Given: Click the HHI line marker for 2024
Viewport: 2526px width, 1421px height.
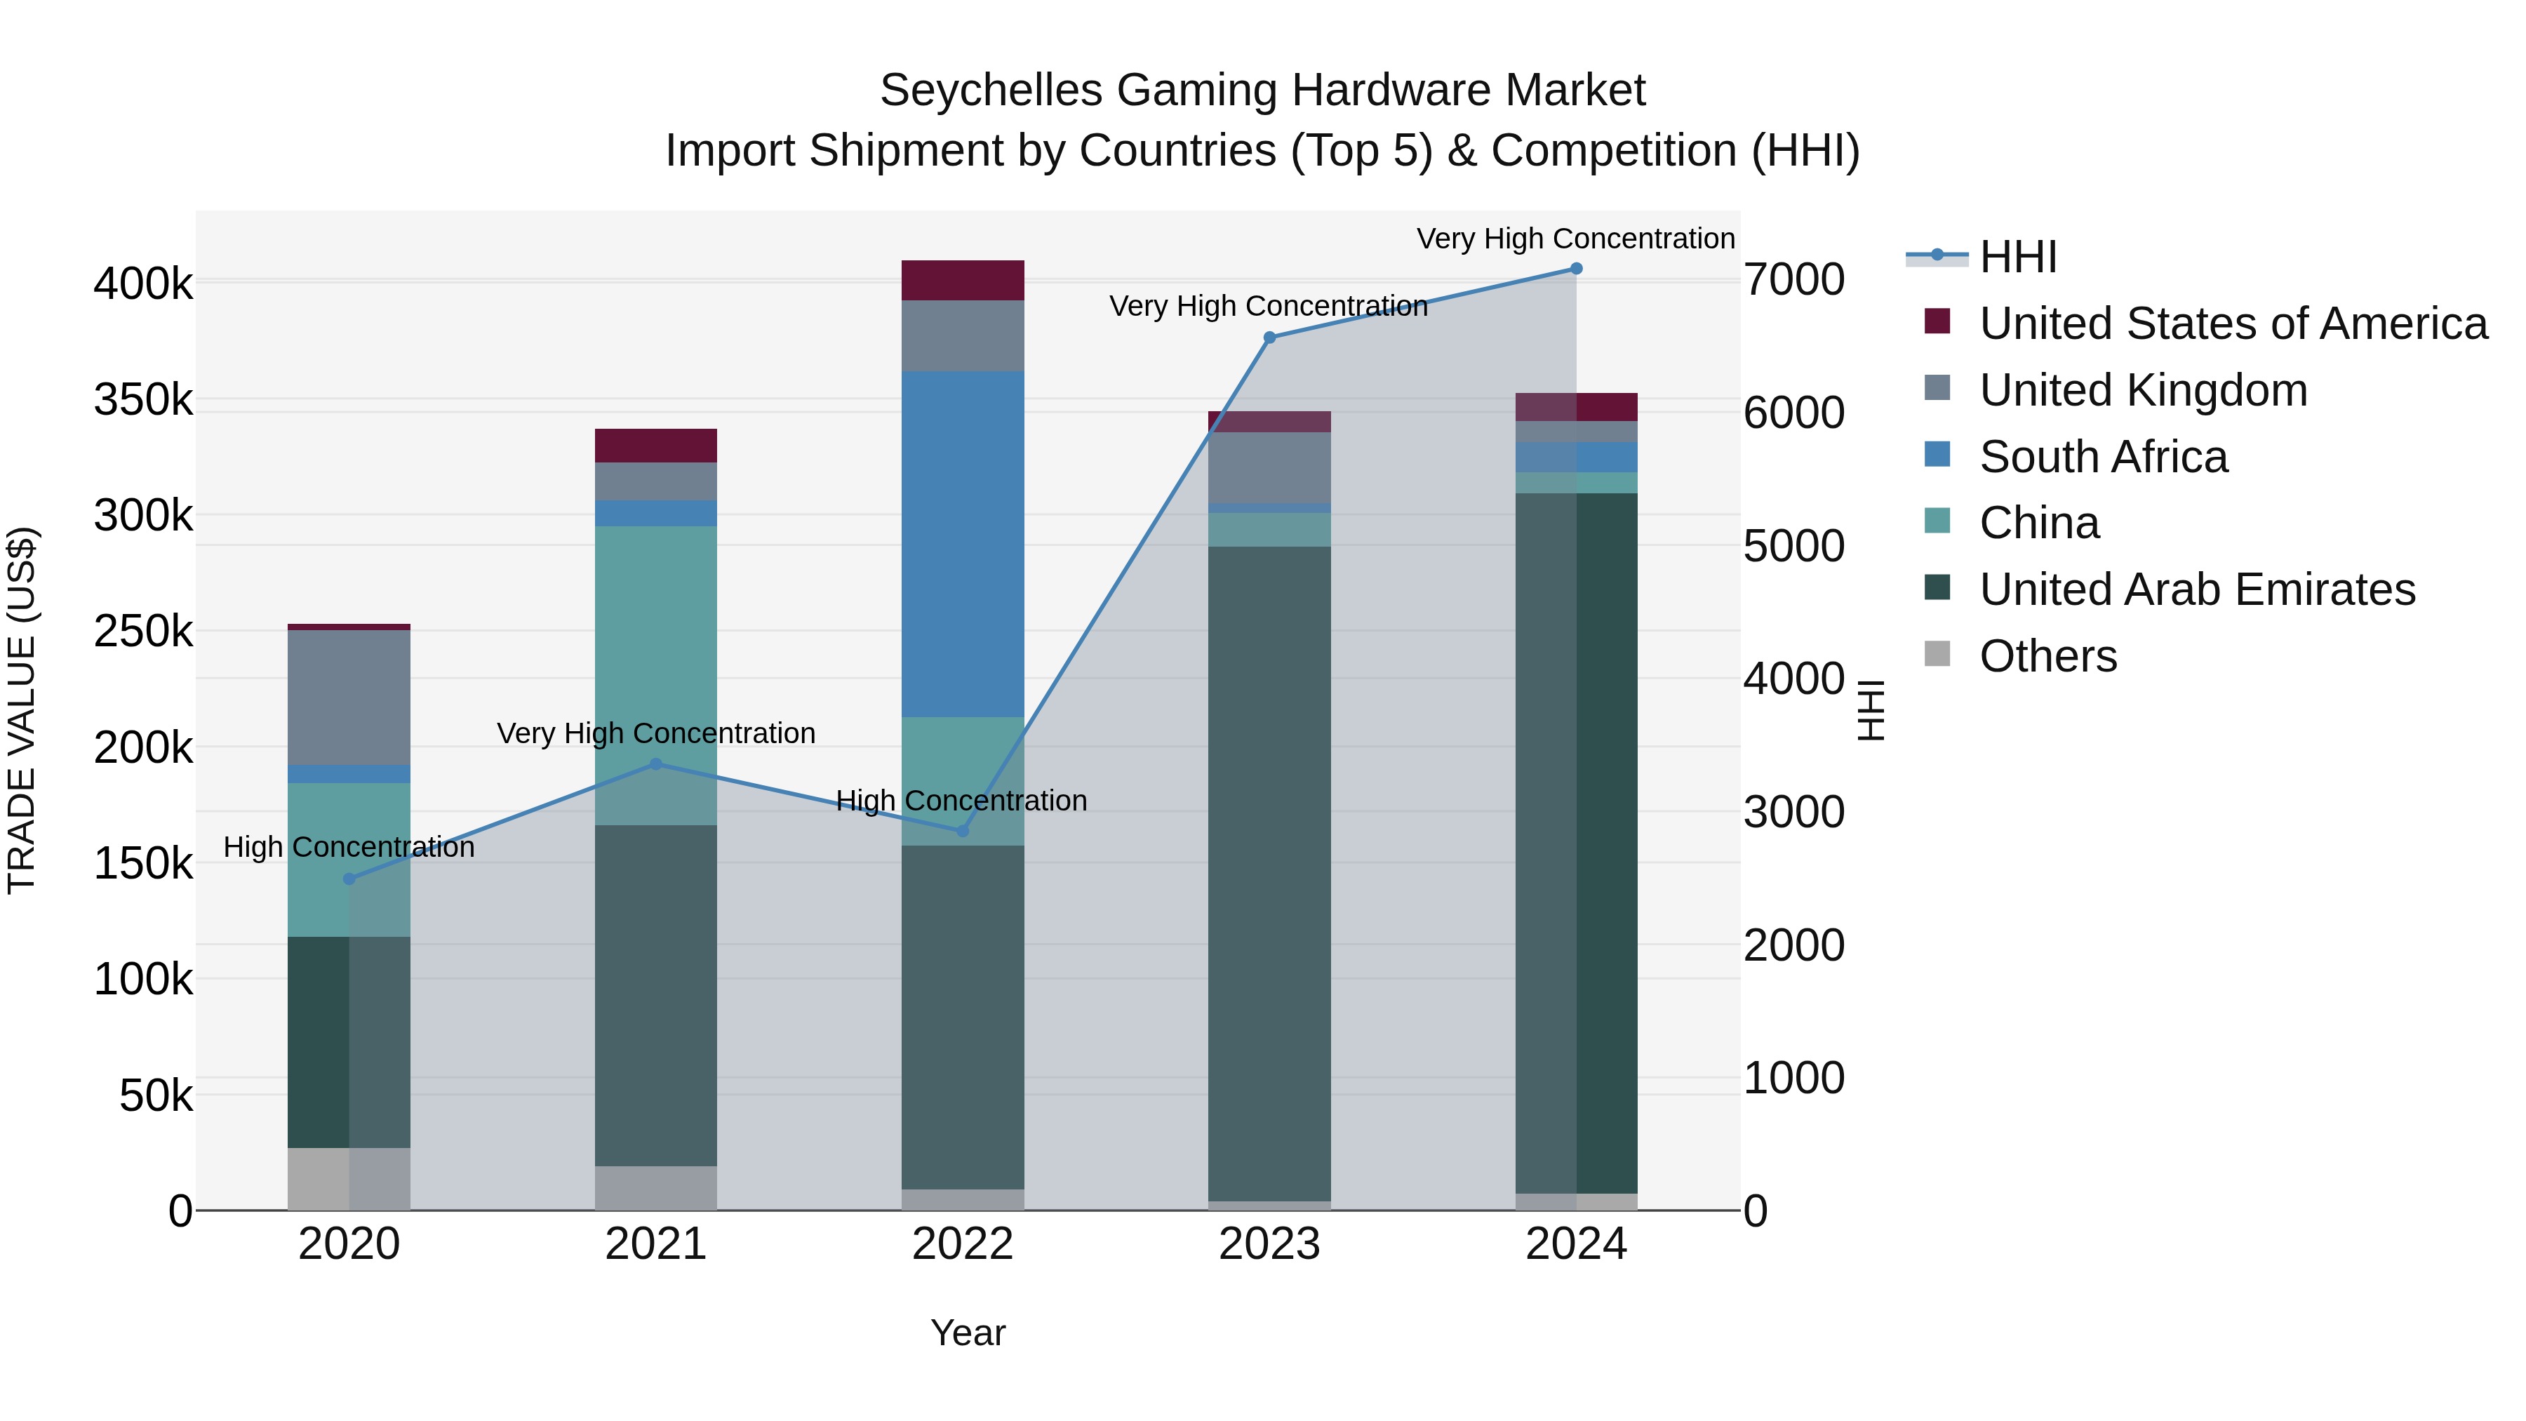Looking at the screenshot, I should [1576, 269].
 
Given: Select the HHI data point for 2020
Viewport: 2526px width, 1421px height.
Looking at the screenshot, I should [349, 879].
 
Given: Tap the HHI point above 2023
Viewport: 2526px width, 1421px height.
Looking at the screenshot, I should [1269, 338].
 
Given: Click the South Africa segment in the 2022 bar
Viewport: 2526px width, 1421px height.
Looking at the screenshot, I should [962, 545].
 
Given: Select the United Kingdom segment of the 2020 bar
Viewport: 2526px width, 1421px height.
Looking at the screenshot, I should [349, 698].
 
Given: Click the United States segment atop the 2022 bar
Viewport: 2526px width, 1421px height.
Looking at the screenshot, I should [962, 281].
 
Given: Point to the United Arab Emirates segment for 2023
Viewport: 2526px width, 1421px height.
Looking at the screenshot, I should [1269, 873].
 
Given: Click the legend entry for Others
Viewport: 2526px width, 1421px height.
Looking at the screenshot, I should [2047, 656].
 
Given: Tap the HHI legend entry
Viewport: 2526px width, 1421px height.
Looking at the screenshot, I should [2017, 257].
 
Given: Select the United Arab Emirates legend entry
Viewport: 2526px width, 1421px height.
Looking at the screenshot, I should [2196, 589].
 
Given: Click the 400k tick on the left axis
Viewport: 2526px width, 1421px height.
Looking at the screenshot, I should [143, 284].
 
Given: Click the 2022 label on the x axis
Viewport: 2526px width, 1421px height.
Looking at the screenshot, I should [962, 1244].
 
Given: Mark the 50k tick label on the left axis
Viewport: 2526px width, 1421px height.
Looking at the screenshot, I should [156, 1095].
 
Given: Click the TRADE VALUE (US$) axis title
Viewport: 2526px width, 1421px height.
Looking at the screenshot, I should [22, 710].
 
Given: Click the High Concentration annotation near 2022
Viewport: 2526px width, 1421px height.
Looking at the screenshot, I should [961, 801].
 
